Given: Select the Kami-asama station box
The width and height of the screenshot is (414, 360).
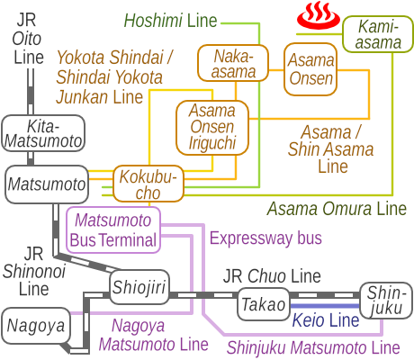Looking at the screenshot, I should tap(373, 35).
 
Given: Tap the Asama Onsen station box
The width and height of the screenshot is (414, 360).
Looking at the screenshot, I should tap(311, 68).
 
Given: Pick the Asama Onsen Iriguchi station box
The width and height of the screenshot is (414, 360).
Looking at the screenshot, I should tap(212, 125).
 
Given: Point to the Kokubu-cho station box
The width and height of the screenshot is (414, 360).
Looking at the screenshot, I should tap(148, 184).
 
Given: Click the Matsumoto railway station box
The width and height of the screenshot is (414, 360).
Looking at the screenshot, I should tap(47, 184).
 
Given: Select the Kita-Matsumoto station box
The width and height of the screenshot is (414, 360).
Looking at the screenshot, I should tap(42, 133).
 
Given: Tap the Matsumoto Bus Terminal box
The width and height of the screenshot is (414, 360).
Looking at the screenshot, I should tap(113, 229).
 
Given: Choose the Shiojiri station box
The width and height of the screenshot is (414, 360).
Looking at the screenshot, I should tap(139, 287).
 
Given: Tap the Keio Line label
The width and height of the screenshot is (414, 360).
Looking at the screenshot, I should tap(326, 319).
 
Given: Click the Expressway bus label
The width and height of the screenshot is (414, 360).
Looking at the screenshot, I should tap(265, 238).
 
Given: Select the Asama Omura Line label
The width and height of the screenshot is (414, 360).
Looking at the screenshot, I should tap(337, 209).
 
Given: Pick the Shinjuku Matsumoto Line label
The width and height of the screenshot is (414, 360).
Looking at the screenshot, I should tap(312, 346).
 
